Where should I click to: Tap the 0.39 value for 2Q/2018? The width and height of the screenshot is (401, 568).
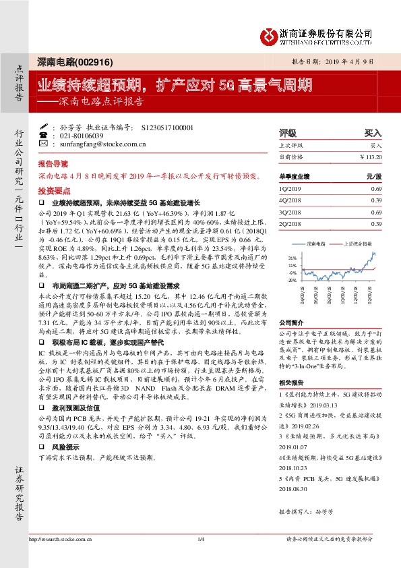376,224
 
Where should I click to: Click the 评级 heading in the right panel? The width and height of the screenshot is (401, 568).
288,134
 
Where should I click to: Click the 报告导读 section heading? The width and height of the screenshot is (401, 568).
53,164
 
